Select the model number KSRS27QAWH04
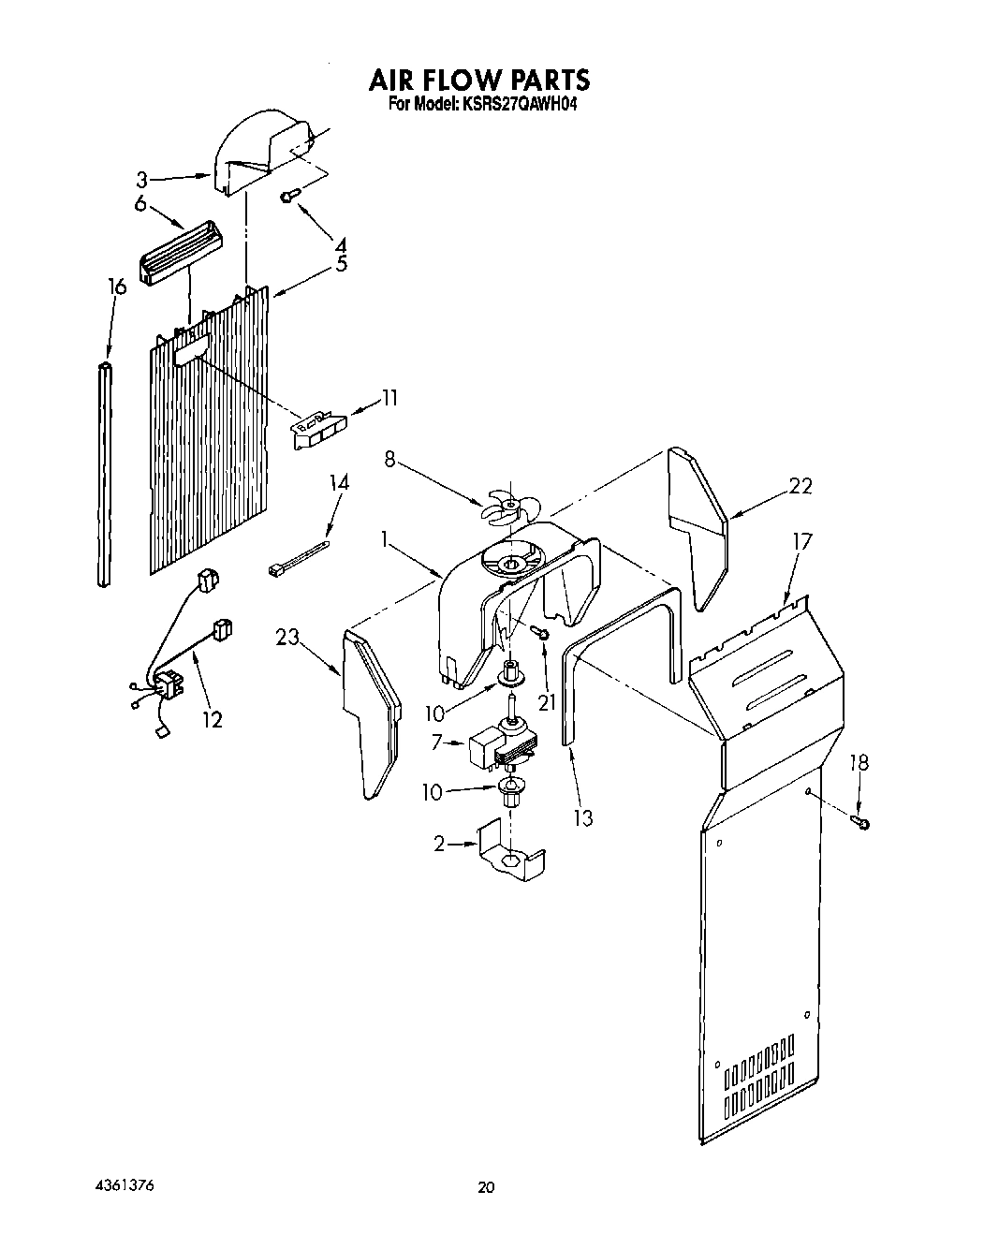click(517, 106)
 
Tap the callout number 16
click(115, 287)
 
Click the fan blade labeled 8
click(509, 507)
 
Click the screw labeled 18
click(860, 822)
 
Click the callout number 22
click(800, 485)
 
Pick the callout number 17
click(801, 540)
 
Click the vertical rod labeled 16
click(105, 473)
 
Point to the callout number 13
click(582, 817)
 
